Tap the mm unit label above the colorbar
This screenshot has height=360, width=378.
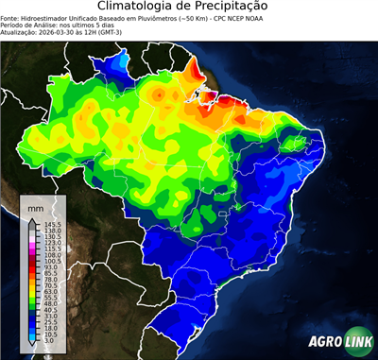(x=35, y=206)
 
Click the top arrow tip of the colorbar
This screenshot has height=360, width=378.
(x=33, y=217)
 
